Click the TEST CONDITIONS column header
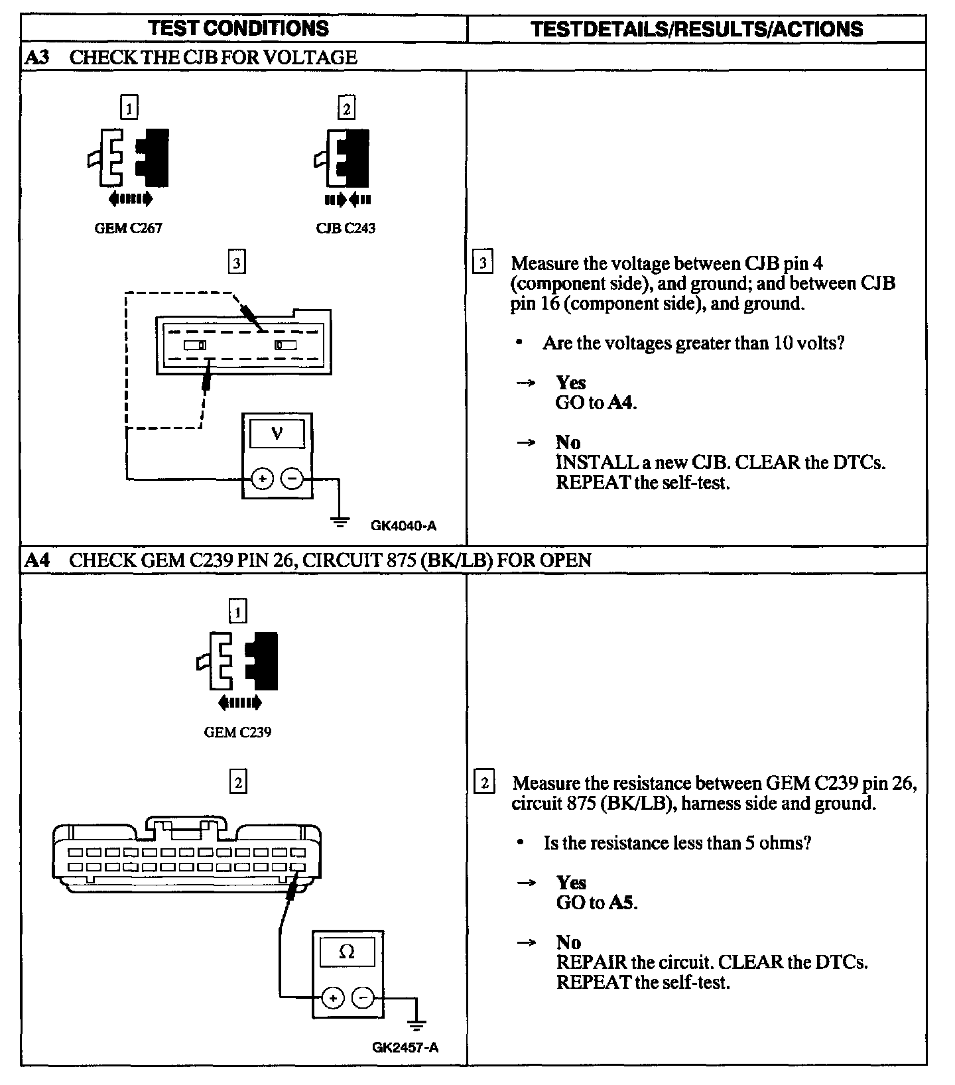[x=238, y=28]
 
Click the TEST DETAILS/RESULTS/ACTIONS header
[x=697, y=29]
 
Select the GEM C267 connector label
[x=129, y=228]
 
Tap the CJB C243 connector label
[x=346, y=228]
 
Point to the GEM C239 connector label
[x=237, y=732]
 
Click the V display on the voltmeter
[x=277, y=434]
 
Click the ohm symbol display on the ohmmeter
[x=347, y=952]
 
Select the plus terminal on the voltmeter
[x=263, y=478]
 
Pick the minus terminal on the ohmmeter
[x=362, y=997]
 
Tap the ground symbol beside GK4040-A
[x=340, y=522]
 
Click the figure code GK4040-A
[x=403, y=526]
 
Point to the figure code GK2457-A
[x=405, y=1048]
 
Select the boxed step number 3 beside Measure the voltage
[x=483, y=263]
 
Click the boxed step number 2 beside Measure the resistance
[x=485, y=783]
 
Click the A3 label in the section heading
[x=37, y=57]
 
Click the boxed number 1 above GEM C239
[x=237, y=611]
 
